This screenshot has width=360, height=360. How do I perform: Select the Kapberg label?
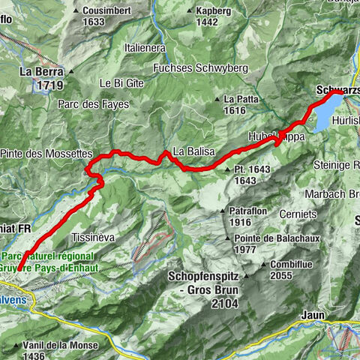click(212, 11)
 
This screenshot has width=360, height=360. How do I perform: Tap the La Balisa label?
click(193, 151)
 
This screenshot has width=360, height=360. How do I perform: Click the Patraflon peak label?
click(249, 212)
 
